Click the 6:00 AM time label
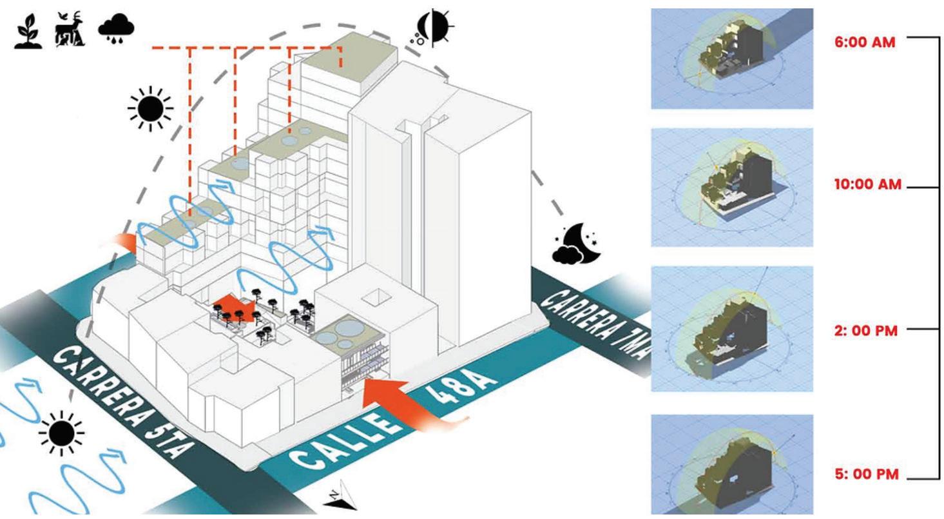tap(865, 45)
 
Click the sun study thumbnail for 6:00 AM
tap(731, 58)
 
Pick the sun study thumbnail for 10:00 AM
tap(731, 187)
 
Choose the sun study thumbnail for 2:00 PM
tap(731, 329)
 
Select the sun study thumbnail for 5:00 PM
tap(731, 464)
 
